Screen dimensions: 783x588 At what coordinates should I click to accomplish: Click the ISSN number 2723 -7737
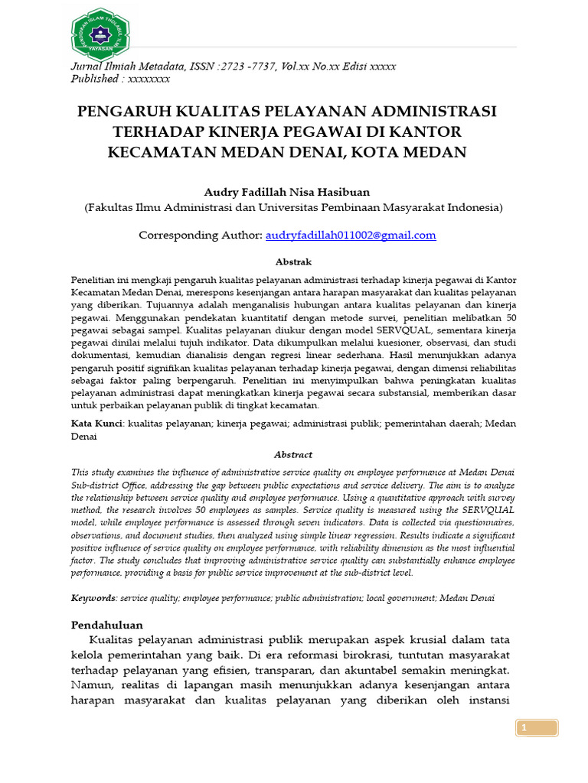point(246,67)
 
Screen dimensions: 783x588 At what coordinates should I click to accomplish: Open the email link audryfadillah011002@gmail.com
point(351,236)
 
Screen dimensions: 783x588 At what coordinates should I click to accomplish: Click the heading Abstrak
point(294,262)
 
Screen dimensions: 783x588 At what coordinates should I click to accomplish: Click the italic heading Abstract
point(293,454)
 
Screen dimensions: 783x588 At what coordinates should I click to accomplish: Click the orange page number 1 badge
point(525,729)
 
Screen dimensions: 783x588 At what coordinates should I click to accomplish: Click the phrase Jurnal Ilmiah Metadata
point(125,67)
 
